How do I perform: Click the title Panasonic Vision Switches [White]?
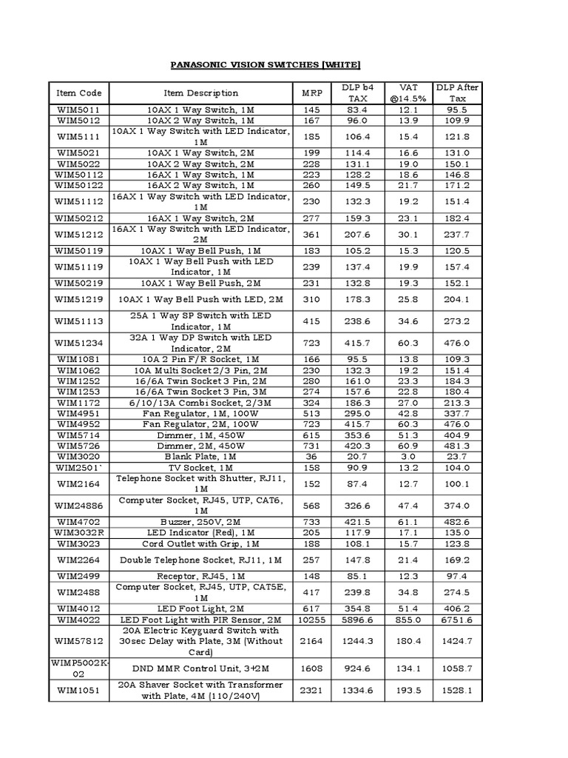pyautogui.click(x=283, y=64)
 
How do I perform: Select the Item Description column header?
pyautogui.click(x=200, y=93)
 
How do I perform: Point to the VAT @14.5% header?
pyautogui.click(x=408, y=93)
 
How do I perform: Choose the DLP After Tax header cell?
pyautogui.click(x=457, y=93)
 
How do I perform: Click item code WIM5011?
pyautogui.click(x=78, y=110)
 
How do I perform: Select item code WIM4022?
pyautogui.click(x=78, y=620)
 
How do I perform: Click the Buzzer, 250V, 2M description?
pyautogui.click(x=200, y=522)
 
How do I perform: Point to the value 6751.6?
pyautogui.click(x=457, y=620)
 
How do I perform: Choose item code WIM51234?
pyautogui.click(x=78, y=343)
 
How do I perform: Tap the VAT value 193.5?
pyautogui.click(x=408, y=691)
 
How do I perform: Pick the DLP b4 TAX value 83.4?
pyautogui.click(x=358, y=110)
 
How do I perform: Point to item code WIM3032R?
pyautogui.click(x=78, y=532)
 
